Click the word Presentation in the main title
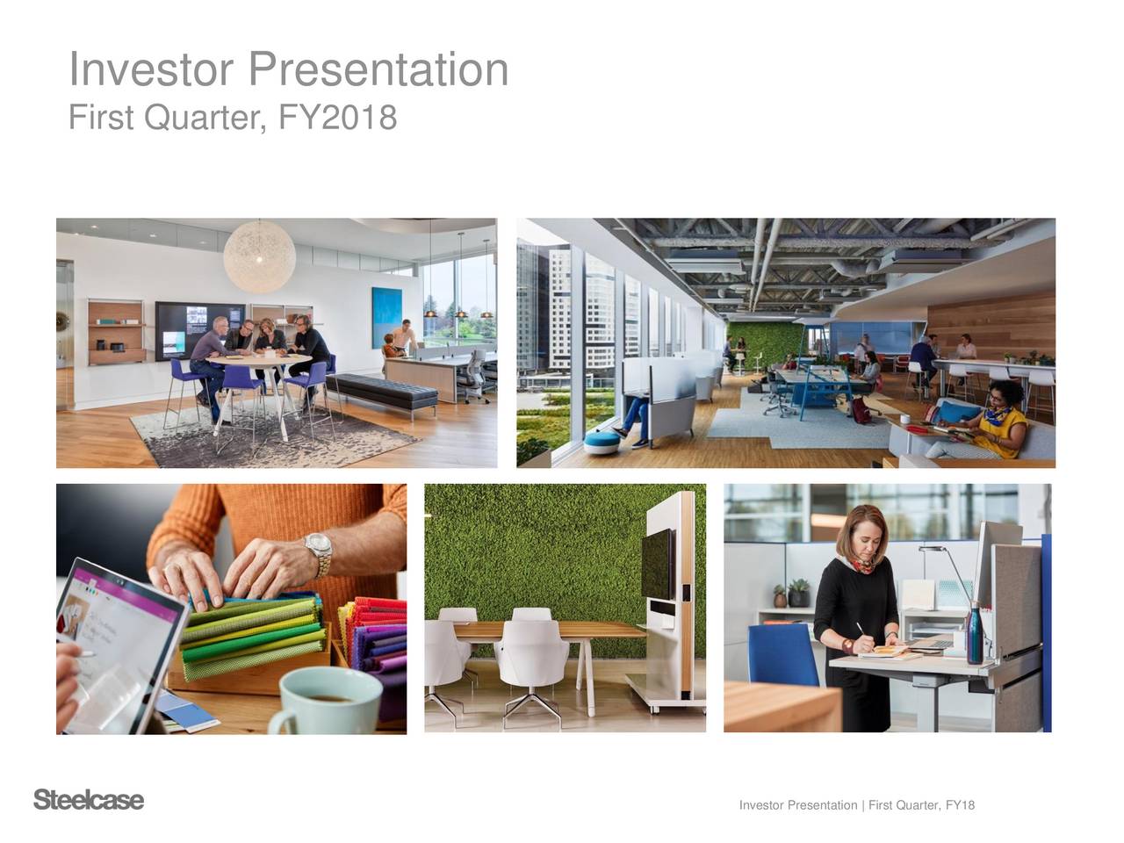point(378,70)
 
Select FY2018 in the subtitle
point(336,117)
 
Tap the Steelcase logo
point(88,801)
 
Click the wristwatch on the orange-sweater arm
point(319,554)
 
